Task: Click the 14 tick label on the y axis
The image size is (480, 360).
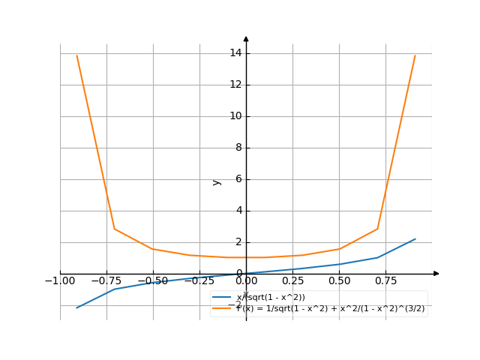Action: [235, 53]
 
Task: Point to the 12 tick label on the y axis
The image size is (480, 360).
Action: [235, 85]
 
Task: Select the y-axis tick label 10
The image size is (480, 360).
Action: [235, 116]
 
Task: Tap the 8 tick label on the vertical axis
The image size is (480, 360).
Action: [238, 148]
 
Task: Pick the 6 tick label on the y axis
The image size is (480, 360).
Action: [238, 179]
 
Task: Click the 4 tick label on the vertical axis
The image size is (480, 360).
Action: [238, 211]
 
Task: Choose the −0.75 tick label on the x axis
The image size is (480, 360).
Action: [106, 281]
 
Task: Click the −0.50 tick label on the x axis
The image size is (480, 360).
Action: [153, 281]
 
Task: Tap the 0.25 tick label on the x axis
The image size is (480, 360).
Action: [292, 281]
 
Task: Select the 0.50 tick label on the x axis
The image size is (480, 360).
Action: [339, 281]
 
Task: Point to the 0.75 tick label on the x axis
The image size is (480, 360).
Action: [385, 281]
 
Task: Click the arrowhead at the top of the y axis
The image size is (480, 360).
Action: [246, 37]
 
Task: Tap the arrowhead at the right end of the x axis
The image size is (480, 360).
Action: [436, 274]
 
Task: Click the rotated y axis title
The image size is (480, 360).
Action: [217, 181]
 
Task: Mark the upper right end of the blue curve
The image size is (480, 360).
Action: [415, 238]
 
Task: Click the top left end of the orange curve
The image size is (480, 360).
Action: [76, 55]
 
